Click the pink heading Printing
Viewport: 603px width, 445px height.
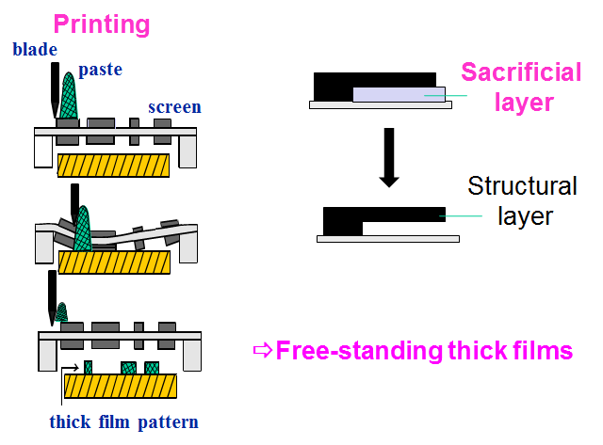pos(102,25)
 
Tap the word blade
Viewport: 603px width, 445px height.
pos(35,50)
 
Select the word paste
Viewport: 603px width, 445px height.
pos(101,71)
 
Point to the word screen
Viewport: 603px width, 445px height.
pos(174,107)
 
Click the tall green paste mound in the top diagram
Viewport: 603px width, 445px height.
pos(69,96)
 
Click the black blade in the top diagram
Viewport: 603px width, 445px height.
pos(55,89)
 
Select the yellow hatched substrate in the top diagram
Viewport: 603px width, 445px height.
pos(113,166)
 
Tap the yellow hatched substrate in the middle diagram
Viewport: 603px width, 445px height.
pos(114,262)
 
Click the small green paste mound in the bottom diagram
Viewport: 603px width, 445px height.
pos(61,311)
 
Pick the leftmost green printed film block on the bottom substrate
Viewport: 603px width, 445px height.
pos(88,368)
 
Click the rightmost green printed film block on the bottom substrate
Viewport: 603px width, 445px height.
pos(152,368)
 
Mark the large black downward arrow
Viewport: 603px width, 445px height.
pos(389,157)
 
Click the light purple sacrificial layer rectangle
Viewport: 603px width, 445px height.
pos(399,94)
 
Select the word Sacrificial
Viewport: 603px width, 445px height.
pos(521,72)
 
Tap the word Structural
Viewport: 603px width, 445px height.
pos(522,186)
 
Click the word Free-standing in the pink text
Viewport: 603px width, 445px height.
pos(360,351)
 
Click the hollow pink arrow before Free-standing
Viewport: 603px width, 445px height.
pos(263,350)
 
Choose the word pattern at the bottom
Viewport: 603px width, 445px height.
pos(168,422)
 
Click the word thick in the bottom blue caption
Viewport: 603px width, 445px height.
pos(70,421)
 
